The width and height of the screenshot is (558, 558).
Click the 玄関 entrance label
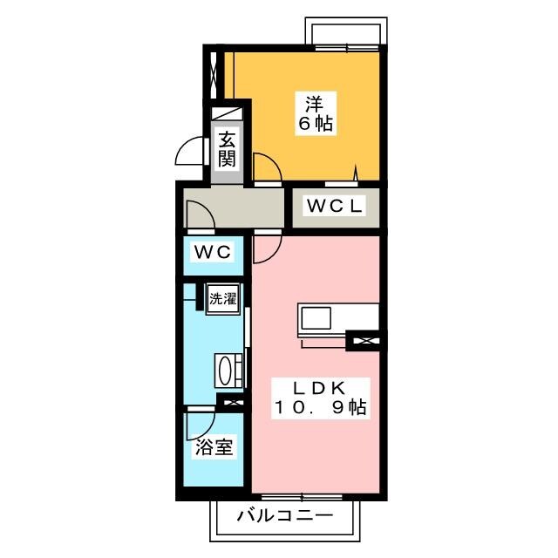227,149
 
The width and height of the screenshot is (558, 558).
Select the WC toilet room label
212,253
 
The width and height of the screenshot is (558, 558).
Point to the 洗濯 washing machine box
222,298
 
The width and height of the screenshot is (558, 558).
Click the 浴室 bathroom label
214,448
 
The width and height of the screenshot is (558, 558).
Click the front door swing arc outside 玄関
189,153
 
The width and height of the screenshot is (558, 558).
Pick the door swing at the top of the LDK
266,248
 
